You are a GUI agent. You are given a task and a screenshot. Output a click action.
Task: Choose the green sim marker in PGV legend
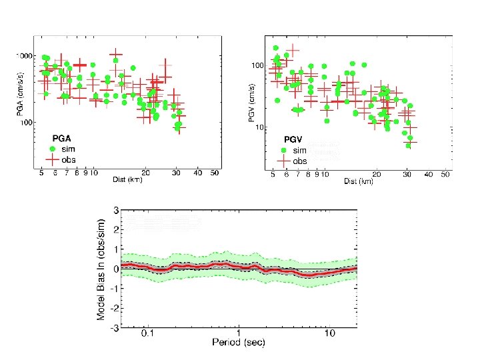pos(283,151)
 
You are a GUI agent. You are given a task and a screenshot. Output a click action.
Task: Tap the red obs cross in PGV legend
pos(283,161)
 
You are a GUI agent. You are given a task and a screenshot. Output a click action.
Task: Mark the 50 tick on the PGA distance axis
pos(215,173)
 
